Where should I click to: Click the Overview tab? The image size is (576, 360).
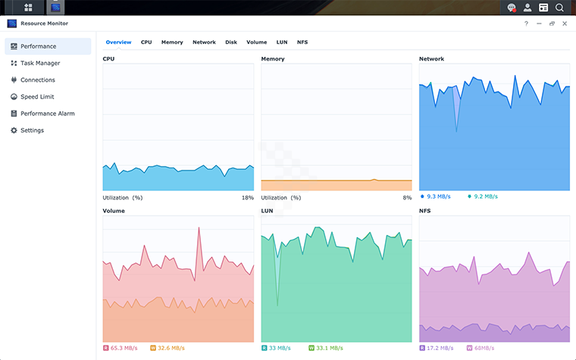118,42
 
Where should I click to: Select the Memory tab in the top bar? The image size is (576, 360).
172,42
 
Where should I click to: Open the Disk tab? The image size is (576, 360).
231,42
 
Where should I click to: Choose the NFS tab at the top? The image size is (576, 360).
302,42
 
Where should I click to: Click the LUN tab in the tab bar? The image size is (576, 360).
282,42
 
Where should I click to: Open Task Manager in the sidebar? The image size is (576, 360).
40,63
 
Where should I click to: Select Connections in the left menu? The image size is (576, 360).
38,80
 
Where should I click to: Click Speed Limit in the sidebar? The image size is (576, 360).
37,97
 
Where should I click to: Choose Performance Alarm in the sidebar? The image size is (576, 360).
47,114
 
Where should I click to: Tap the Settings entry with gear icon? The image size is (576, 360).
32,130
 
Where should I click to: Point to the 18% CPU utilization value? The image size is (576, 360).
248,198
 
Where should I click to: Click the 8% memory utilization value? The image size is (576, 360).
407,198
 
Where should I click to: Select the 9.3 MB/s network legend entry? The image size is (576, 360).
438,196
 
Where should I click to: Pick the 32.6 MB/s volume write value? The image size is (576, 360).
171,348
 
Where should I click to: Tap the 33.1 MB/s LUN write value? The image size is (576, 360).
328,348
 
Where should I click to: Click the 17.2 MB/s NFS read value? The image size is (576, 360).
440,348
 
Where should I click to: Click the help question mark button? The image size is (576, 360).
526,23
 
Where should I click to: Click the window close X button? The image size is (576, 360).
565,23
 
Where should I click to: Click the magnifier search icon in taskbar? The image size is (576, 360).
559,8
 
